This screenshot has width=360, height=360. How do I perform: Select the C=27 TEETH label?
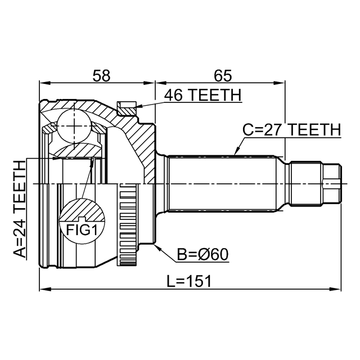click(x=291, y=130)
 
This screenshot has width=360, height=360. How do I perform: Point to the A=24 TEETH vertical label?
click(x=20, y=209)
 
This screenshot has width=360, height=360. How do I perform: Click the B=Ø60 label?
click(x=203, y=255)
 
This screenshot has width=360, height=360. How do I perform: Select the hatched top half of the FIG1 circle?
click(x=82, y=210)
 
